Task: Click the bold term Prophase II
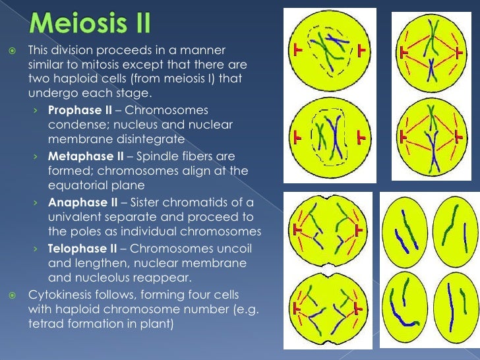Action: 75,109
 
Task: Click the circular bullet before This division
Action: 12,51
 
